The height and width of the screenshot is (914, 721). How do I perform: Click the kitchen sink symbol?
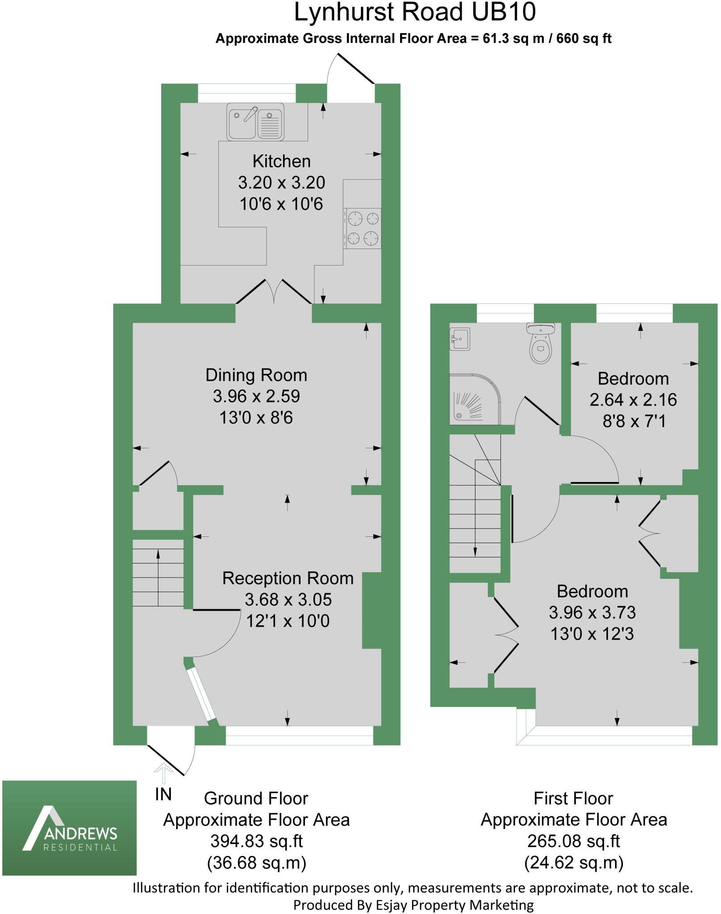click(255, 122)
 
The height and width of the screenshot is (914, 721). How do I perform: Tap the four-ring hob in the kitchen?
click(363, 228)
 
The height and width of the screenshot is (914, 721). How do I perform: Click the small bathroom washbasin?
click(459, 338)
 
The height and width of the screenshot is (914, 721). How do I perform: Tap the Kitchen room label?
click(281, 161)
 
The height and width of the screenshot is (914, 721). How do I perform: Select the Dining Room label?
click(256, 375)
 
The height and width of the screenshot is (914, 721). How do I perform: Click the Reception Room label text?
click(288, 578)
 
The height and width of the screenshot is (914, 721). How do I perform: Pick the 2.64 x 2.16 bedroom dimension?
click(633, 400)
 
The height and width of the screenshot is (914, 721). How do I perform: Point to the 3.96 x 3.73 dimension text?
click(592, 613)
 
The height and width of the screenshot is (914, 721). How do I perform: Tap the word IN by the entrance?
click(163, 794)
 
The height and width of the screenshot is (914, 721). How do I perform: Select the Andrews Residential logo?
click(70, 828)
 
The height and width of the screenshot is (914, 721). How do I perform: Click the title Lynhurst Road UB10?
click(415, 12)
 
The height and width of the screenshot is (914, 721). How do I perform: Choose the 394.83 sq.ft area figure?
click(257, 841)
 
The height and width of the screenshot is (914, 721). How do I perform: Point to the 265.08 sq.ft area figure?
click(574, 841)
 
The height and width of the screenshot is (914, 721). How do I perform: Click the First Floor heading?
click(573, 798)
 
